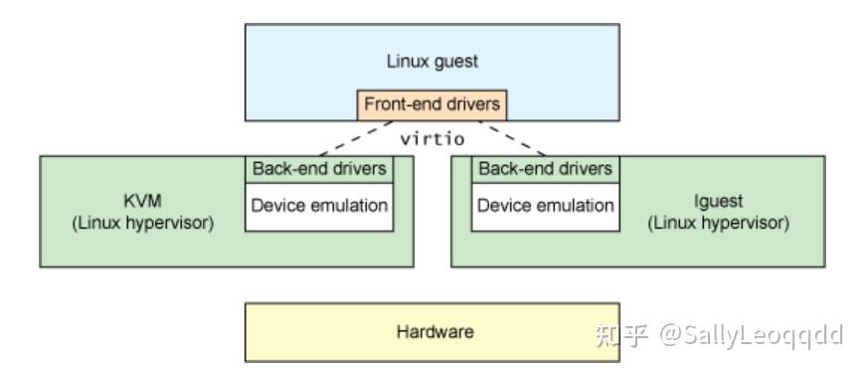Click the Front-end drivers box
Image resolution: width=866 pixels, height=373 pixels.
click(432, 103)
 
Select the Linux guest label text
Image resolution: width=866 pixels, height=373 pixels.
click(432, 61)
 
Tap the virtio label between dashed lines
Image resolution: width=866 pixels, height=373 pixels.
click(432, 138)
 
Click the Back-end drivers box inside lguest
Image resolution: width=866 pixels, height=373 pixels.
click(545, 168)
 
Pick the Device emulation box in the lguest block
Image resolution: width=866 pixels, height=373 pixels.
click(545, 207)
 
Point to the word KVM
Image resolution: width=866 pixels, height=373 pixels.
click(142, 199)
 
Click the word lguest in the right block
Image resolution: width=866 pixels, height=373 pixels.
click(720, 199)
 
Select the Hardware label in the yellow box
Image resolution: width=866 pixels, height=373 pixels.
click(432, 332)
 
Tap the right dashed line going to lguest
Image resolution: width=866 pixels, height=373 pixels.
click(513, 137)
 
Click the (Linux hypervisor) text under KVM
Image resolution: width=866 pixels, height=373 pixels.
click(142, 222)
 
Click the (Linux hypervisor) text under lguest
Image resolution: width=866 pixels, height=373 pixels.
click(720, 222)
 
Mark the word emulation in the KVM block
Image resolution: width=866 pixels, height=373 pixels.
click(352, 207)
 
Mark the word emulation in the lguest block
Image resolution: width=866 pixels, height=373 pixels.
click(579, 207)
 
